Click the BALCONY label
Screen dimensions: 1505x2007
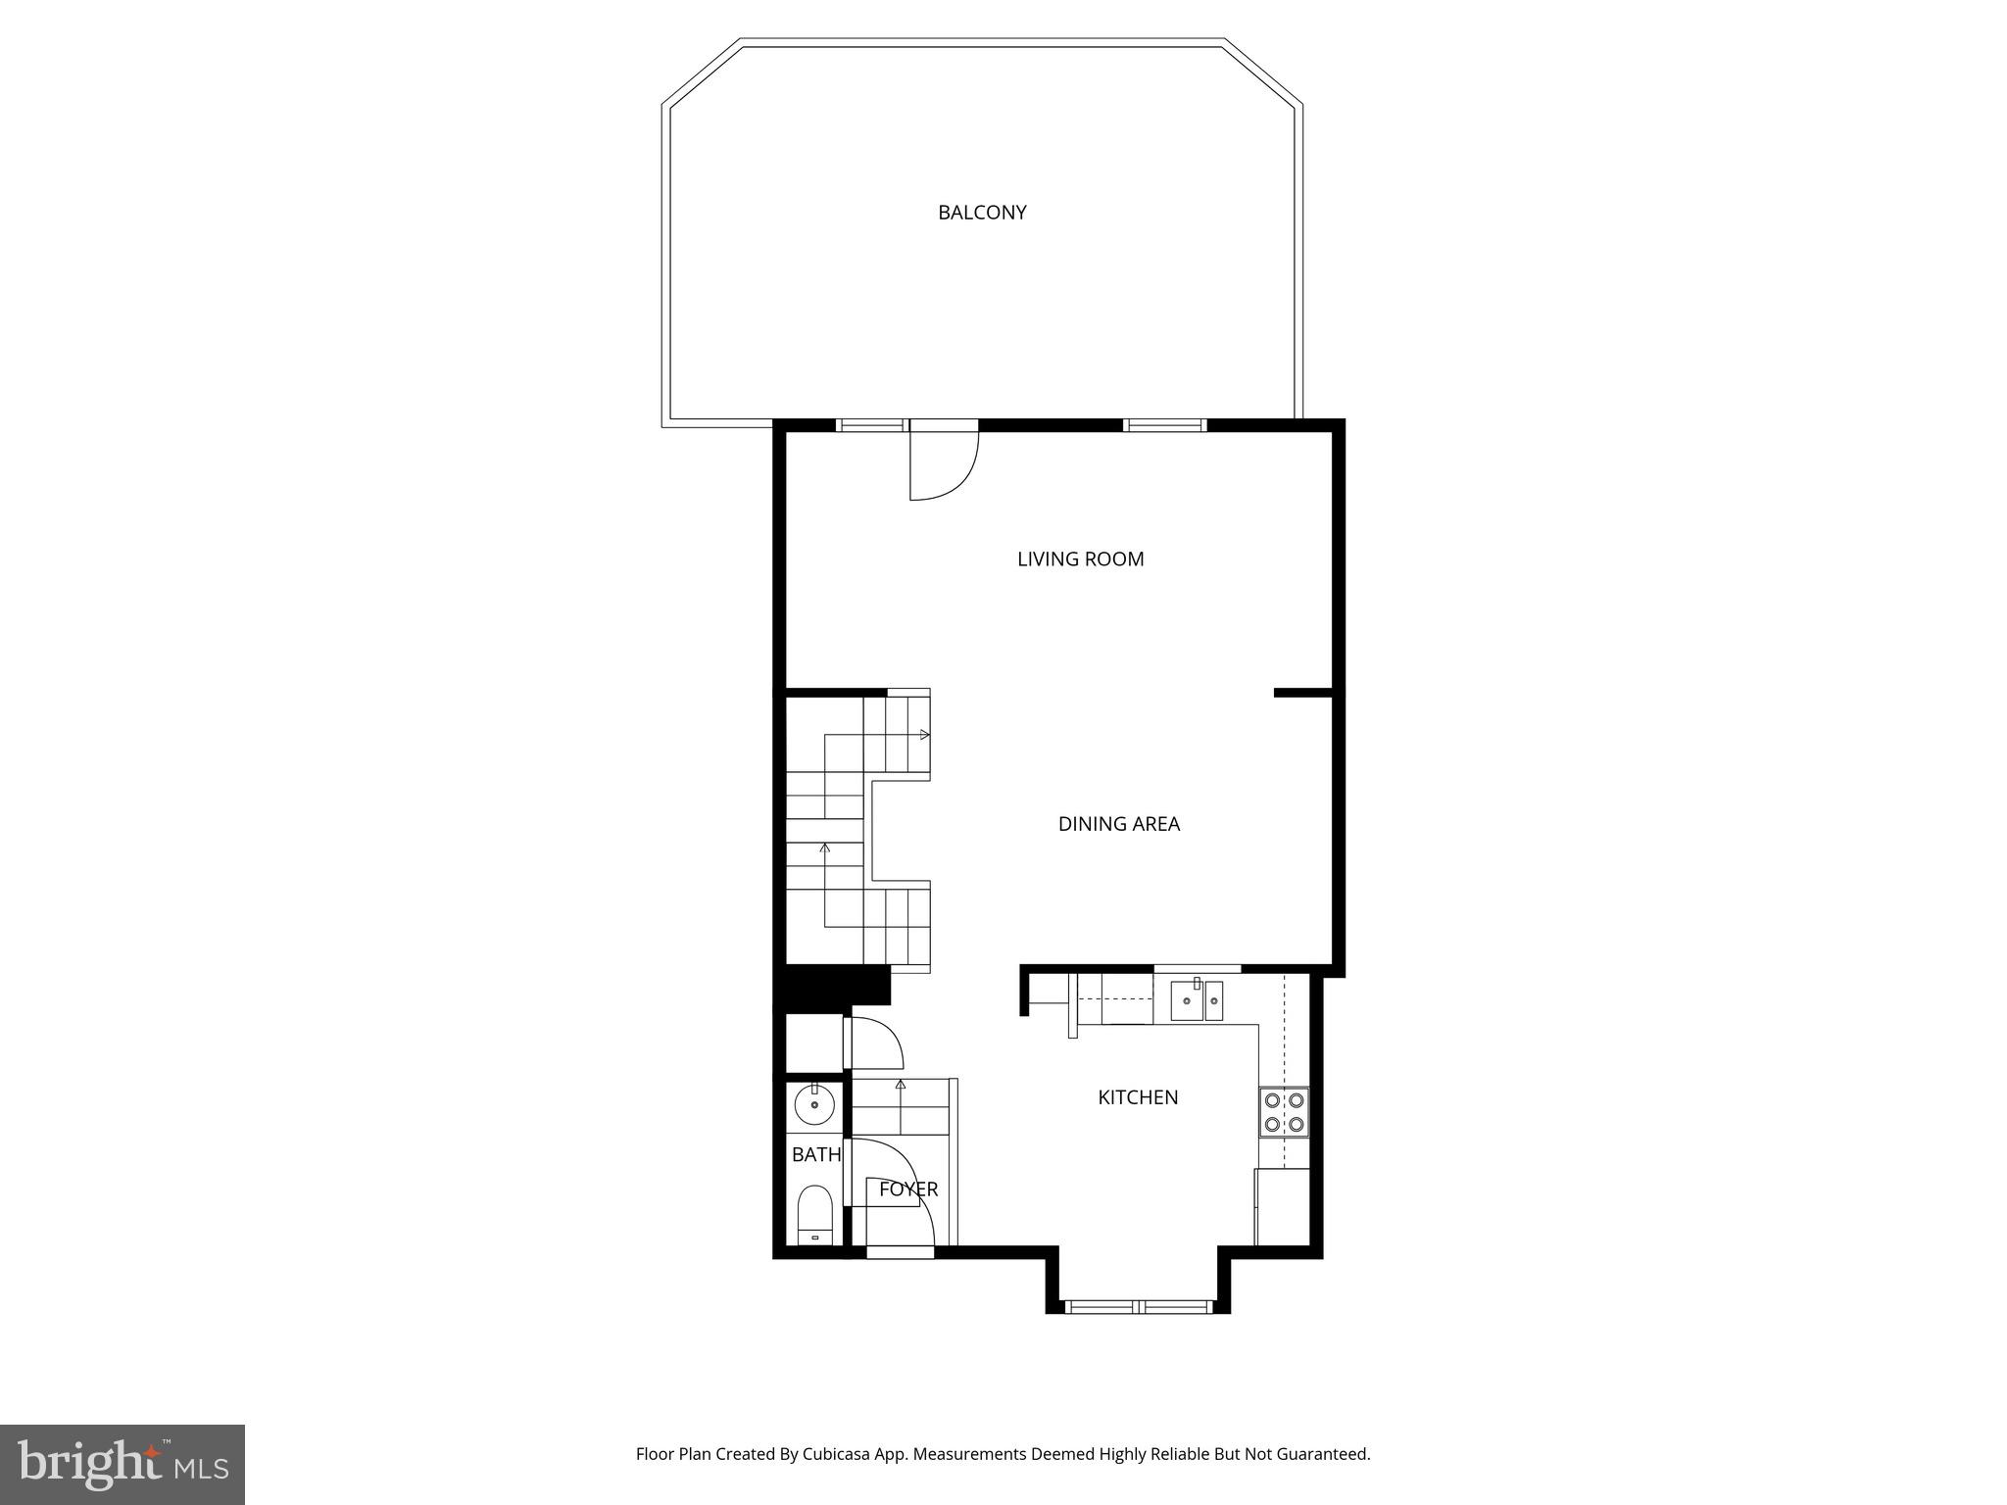point(982,213)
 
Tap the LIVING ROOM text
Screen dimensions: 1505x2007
point(1080,559)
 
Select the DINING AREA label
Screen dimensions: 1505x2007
point(1118,824)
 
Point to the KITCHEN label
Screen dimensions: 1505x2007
point(1137,1097)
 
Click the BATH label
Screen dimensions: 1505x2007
point(815,1155)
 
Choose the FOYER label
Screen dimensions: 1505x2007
point(907,1189)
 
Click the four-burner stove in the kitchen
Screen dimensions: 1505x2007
point(1284,1112)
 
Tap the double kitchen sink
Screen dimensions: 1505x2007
point(1197,1000)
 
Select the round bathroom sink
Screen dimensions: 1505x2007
point(814,1106)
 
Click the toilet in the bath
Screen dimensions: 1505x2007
point(814,1215)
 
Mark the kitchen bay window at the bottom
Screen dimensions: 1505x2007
point(1139,1306)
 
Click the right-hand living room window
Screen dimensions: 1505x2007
point(1163,425)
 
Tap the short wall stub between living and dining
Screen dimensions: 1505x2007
point(1301,693)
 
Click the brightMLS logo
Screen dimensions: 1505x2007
point(122,1464)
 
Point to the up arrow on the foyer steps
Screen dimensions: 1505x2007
point(901,1085)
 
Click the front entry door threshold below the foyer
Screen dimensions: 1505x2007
point(900,1251)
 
